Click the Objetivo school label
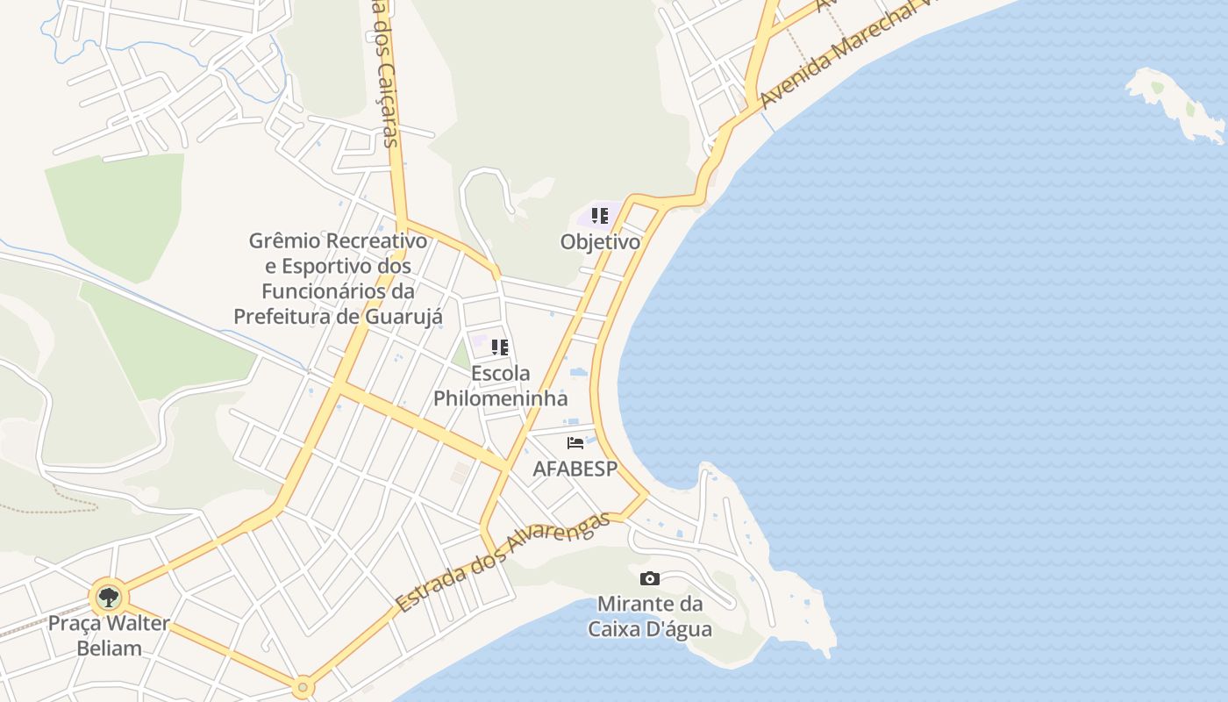point(600,241)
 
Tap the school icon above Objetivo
point(600,215)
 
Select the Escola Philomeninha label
point(500,385)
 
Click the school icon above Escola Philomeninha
point(500,347)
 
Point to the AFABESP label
point(575,469)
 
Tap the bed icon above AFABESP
point(575,443)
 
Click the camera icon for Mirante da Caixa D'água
point(650,578)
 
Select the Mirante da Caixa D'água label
point(650,617)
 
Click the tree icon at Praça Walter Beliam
point(109,598)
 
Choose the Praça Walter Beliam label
point(109,636)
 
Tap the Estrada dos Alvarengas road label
point(502,562)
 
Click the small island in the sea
point(1175,104)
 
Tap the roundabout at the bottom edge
point(303,686)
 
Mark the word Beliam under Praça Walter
point(109,648)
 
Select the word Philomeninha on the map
point(500,398)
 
